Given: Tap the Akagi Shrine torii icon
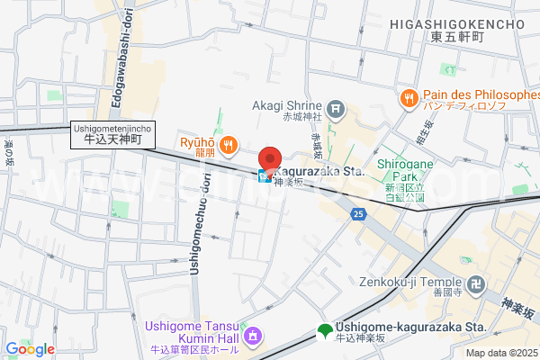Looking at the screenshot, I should point(336,111).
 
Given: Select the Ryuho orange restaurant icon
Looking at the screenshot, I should point(229,142).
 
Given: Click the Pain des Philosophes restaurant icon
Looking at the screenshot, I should point(408,96).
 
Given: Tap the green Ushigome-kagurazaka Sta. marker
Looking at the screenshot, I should point(323,331).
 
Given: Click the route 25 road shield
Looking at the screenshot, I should point(358,213).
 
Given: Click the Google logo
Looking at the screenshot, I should point(30,349).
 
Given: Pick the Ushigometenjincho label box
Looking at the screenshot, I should point(113,134).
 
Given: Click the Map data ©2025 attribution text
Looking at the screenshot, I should point(500,353).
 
